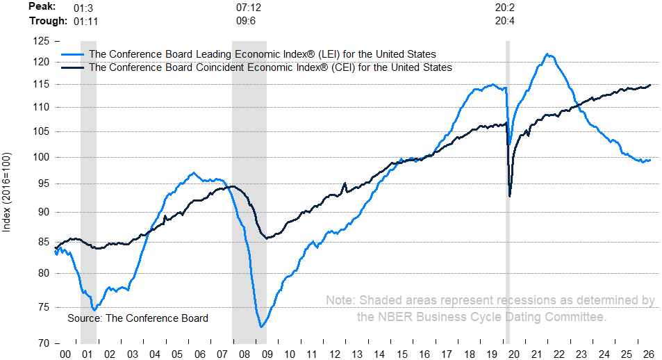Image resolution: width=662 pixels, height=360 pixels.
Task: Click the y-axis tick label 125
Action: point(41,42)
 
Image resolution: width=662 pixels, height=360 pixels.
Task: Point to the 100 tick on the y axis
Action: point(41,157)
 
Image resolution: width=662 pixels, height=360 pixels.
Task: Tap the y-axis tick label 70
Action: point(44,343)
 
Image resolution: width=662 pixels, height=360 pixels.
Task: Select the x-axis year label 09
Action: point(267,354)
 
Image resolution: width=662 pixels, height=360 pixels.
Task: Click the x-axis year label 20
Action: point(514,354)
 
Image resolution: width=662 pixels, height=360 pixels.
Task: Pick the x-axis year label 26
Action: point(649,354)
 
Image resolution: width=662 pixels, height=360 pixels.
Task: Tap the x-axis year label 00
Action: point(65,354)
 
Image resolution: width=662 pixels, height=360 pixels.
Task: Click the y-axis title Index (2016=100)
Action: point(6,192)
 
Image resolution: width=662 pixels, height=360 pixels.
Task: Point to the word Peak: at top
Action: point(42,7)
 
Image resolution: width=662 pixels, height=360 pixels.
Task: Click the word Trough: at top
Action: point(48,21)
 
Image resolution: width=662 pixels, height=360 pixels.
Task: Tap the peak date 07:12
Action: point(249,8)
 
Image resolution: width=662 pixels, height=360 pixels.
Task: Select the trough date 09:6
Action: point(246,21)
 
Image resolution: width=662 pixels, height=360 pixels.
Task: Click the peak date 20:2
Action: point(505,8)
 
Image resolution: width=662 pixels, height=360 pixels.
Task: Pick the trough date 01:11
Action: point(85,21)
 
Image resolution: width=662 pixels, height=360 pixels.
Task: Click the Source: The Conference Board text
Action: point(138,318)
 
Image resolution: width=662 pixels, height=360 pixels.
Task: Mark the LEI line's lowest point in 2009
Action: point(261,327)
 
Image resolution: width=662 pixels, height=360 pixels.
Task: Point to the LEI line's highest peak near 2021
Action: point(547,54)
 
